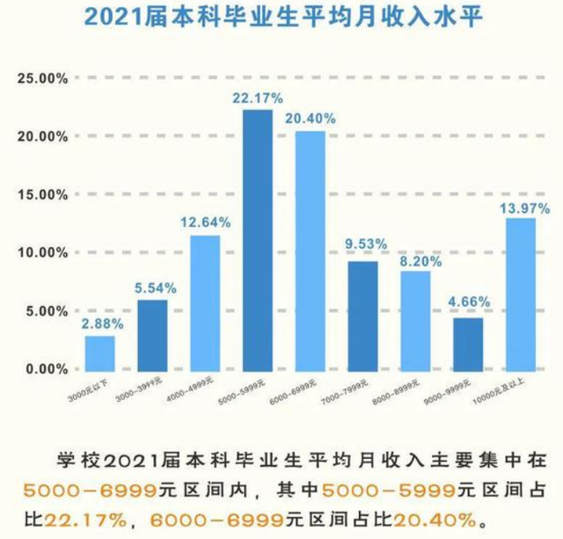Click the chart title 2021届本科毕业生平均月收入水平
[281, 18]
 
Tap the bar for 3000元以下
[99, 353]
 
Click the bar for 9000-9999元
[468, 345]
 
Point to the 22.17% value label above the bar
[257, 97]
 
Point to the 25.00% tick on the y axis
[41, 78]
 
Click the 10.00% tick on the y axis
[41, 252]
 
